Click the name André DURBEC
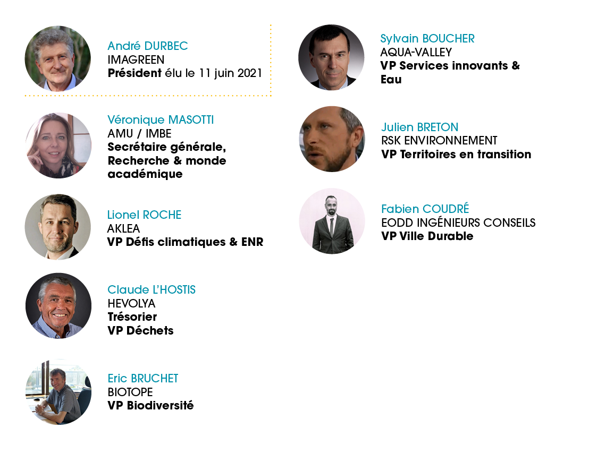(148, 46)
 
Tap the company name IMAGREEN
(136, 59)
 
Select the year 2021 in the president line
(250, 73)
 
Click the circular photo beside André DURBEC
(58, 59)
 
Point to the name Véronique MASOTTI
(161, 120)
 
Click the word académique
(145, 174)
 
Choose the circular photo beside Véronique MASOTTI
(58, 146)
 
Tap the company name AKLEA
(124, 228)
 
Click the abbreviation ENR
(252, 242)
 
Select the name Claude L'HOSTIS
(152, 290)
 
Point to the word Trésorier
(132, 317)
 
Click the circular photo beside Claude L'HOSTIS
(58, 306)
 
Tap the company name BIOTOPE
(130, 392)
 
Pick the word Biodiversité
(161, 405)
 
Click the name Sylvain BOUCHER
(427, 38)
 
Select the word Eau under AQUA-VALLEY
(391, 80)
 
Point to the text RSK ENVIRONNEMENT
(439, 141)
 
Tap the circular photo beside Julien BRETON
(332, 139)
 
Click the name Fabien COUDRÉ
(425, 209)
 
